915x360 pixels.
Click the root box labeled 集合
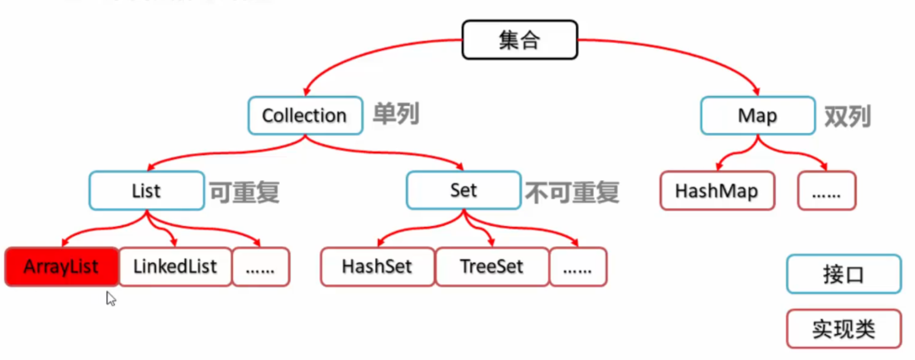tap(519, 40)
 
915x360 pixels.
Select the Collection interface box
tap(305, 115)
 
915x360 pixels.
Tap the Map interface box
tap(757, 115)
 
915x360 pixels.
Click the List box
tap(146, 191)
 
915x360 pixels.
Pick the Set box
tap(463, 190)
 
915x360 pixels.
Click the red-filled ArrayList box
tap(61, 267)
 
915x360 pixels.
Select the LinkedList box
tap(175, 267)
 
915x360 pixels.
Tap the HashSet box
tap(377, 267)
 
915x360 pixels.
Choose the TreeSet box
tap(491, 267)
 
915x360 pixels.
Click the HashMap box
tap(716, 191)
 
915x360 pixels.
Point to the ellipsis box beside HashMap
tap(826, 191)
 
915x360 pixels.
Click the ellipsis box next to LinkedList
tap(260, 267)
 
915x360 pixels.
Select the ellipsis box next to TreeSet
tap(577, 267)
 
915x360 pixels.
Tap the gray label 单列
tap(396, 114)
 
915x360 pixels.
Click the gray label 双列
tap(847, 116)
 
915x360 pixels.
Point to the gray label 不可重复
tap(572, 192)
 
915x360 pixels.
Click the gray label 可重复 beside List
tap(244, 192)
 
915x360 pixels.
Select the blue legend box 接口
tap(843, 274)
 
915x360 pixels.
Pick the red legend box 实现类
tap(843, 329)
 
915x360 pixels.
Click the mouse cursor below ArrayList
tap(110, 298)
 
